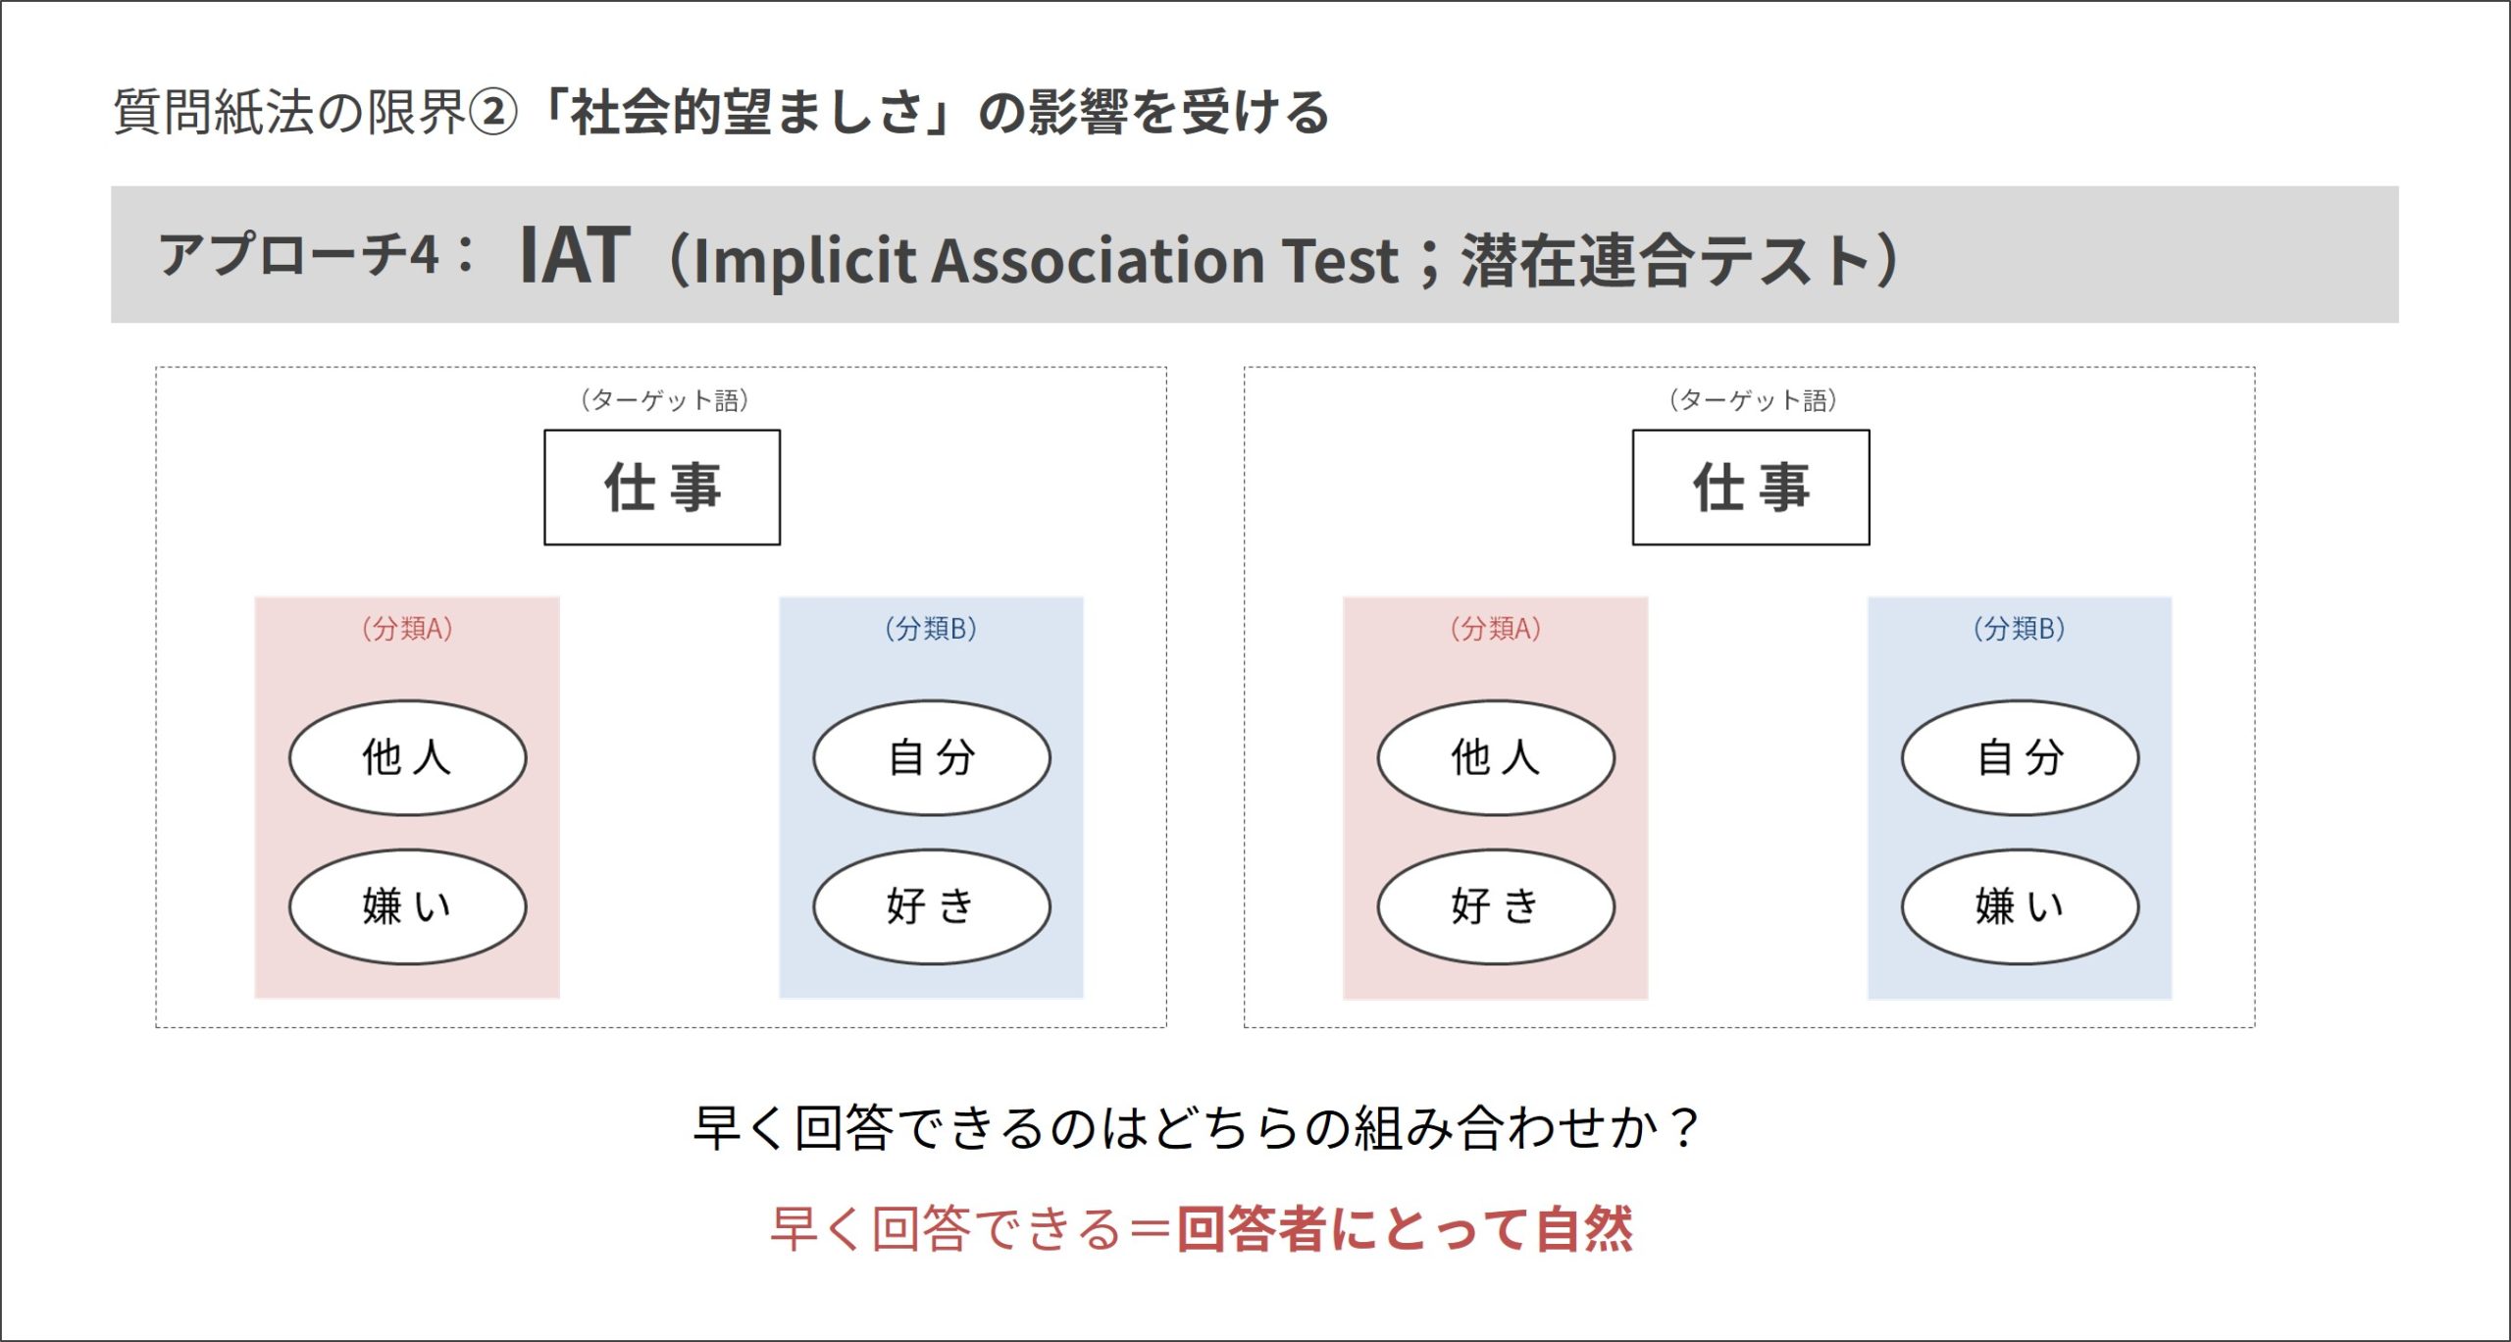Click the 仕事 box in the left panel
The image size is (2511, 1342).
pos(662,487)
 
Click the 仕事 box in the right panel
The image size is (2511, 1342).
pos(1751,487)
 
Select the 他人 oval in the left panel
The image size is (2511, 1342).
pos(408,757)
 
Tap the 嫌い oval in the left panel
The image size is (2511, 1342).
pos(408,906)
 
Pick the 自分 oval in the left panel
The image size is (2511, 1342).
pos(932,757)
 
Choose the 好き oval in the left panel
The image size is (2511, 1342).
pos(932,906)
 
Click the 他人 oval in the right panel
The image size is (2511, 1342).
pos(1496,757)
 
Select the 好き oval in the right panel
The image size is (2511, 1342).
pos(1496,906)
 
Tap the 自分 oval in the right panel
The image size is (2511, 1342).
pos(2021,757)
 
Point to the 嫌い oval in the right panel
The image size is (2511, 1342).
pos(2021,906)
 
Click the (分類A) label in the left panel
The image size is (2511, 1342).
pos(407,628)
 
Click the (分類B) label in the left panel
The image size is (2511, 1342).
pos(931,628)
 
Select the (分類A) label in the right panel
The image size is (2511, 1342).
pos(1496,628)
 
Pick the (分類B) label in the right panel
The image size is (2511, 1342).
pos(2020,628)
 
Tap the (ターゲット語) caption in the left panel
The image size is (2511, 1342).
pos(664,400)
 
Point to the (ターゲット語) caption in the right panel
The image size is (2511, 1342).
pos(1753,400)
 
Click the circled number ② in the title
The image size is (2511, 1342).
pos(492,112)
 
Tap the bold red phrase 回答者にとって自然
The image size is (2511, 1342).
pos(1405,1229)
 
